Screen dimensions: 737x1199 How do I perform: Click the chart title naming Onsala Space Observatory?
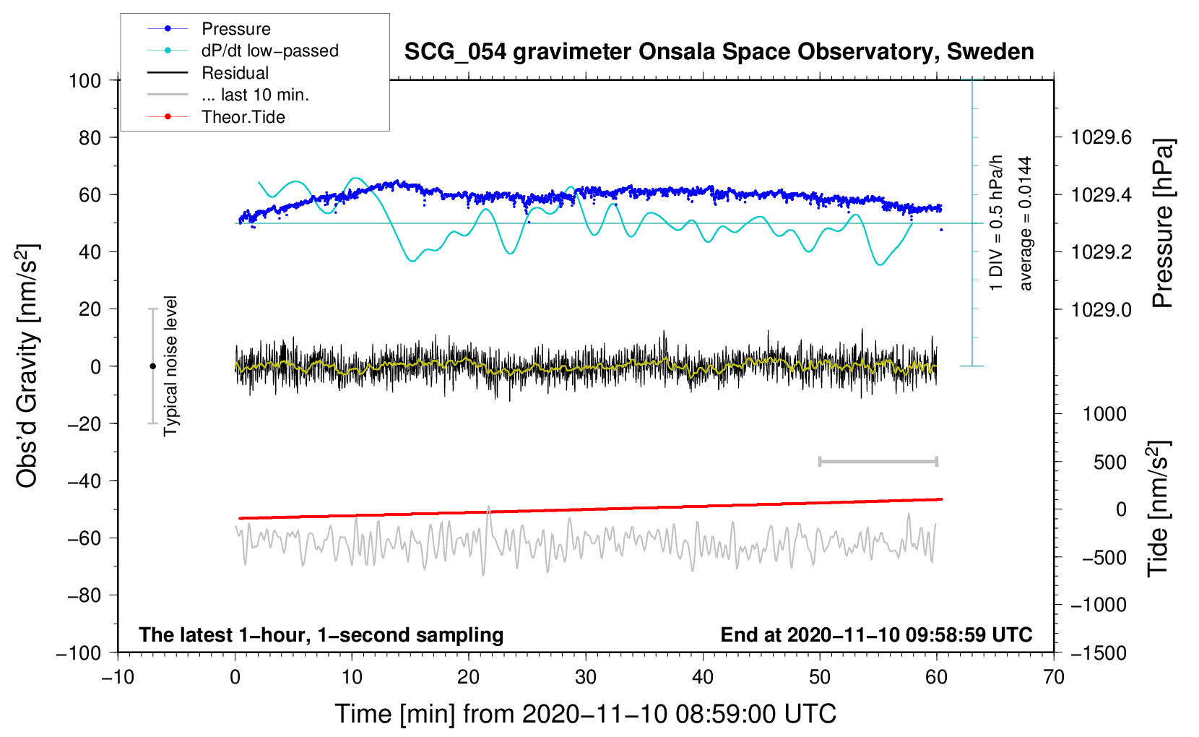click(x=719, y=52)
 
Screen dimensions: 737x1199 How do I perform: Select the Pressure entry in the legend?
click(x=235, y=29)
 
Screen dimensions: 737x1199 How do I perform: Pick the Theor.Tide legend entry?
click(x=243, y=117)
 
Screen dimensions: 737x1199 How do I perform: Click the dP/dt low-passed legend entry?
click(x=269, y=51)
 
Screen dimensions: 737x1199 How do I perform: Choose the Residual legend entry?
click(x=235, y=73)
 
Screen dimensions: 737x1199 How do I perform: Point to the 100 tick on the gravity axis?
click(x=85, y=80)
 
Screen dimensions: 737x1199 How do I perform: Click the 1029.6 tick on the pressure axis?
click(x=1101, y=137)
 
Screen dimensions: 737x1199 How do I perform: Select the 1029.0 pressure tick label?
click(x=1101, y=309)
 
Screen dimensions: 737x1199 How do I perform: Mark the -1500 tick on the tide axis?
click(x=1098, y=652)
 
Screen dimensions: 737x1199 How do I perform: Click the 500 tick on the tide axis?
click(x=1109, y=462)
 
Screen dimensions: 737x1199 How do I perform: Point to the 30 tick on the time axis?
click(x=586, y=678)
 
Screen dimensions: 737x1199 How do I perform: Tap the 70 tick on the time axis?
click(x=1054, y=678)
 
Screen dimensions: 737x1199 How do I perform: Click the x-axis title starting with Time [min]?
click(x=585, y=714)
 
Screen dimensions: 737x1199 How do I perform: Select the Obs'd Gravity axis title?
click(x=27, y=366)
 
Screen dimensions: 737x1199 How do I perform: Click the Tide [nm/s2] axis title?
click(x=1158, y=509)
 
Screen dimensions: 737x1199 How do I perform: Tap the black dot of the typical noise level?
click(x=152, y=366)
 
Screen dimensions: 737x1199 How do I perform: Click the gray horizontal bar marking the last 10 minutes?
click(x=878, y=462)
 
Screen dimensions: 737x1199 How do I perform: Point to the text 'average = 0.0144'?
click(x=1026, y=223)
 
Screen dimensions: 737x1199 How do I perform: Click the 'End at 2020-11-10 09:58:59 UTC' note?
click(x=876, y=635)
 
